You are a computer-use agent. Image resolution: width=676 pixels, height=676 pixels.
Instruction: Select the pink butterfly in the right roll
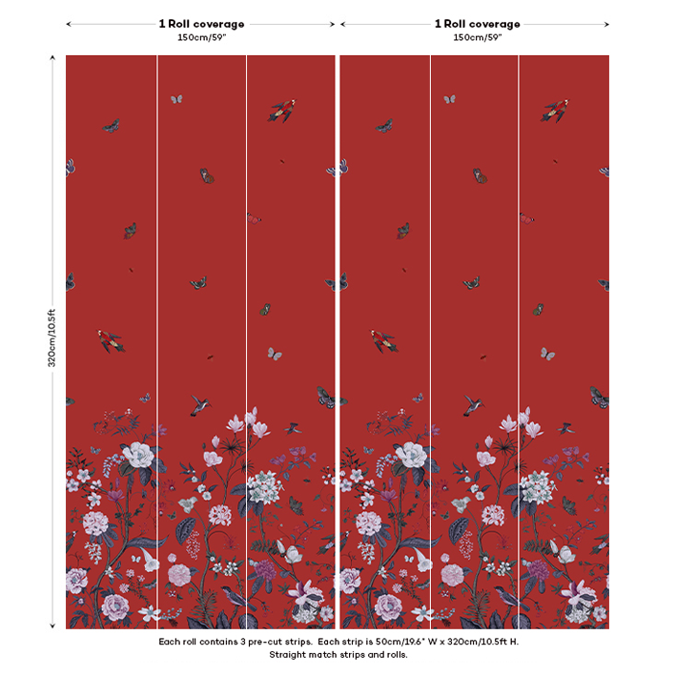(x=526, y=218)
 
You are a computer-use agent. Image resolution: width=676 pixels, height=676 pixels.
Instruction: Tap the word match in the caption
(x=324, y=655)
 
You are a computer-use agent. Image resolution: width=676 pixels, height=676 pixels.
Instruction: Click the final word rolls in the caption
(x=393, y=655)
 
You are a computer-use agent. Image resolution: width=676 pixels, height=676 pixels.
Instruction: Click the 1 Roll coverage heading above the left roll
(x=201, y=24)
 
